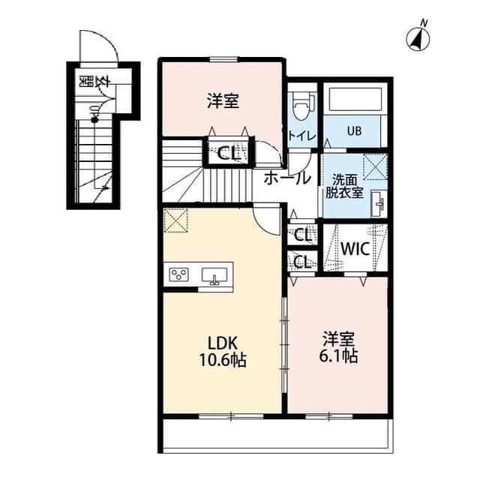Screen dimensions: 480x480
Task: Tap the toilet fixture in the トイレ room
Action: coord(301,106)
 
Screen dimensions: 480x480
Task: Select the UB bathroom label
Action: coord(353,131)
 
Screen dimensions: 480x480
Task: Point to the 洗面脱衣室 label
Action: coord(344,185)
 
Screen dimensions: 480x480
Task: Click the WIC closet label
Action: coord(354,249)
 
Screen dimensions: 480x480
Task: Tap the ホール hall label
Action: coord(287,178)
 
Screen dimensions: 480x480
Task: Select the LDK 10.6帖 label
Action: coord(222,350)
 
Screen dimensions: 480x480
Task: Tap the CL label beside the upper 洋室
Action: coord(229,154)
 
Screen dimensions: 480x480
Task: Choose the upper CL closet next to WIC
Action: coord(304,235)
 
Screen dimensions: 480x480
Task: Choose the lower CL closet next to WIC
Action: coord(304,262)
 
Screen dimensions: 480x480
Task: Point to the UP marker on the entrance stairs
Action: coord(95,112)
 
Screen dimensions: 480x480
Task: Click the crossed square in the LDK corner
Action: coord(175,220)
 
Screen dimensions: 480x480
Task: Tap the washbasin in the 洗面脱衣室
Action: coord(378,202)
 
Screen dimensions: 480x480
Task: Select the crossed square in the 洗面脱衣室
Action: coord(374,163)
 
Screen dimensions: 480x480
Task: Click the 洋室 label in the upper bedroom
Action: coord(223,100)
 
